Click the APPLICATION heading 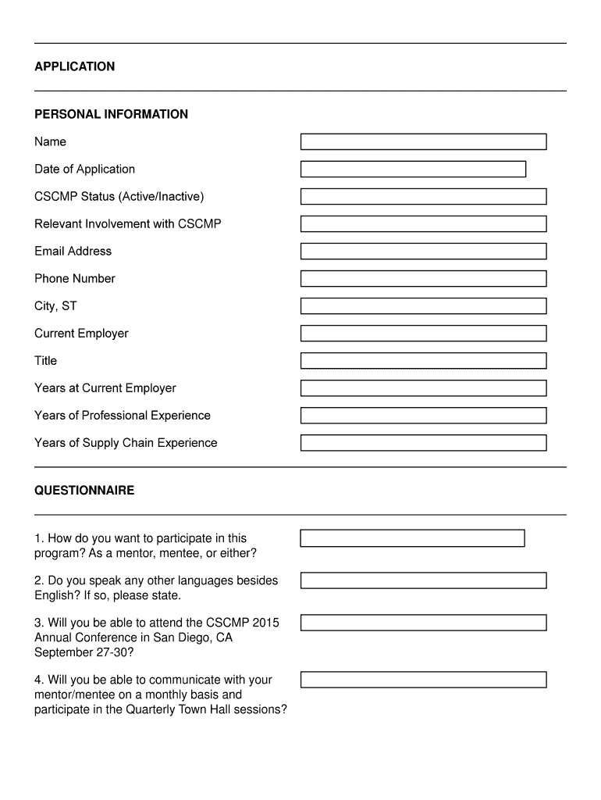tap(74, 67)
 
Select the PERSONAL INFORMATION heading tap(111, 115)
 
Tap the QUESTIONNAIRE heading tap(84, 491)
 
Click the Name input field tap(423, 142)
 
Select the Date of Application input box tap(413, 170)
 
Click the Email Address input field tap(423, 252)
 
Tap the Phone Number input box tap(423, 279)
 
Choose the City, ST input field tap(423, 306)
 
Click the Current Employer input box tap(423, 334)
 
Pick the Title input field tap(423, 361)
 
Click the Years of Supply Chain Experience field tap(423, 443)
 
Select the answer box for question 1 tap(412, 538)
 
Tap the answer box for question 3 tap(423, 623)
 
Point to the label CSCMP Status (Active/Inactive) tap(119, 197)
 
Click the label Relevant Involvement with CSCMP tap(128, 224)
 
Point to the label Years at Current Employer tap(105, 388)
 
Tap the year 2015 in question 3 tap(265, 623)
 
